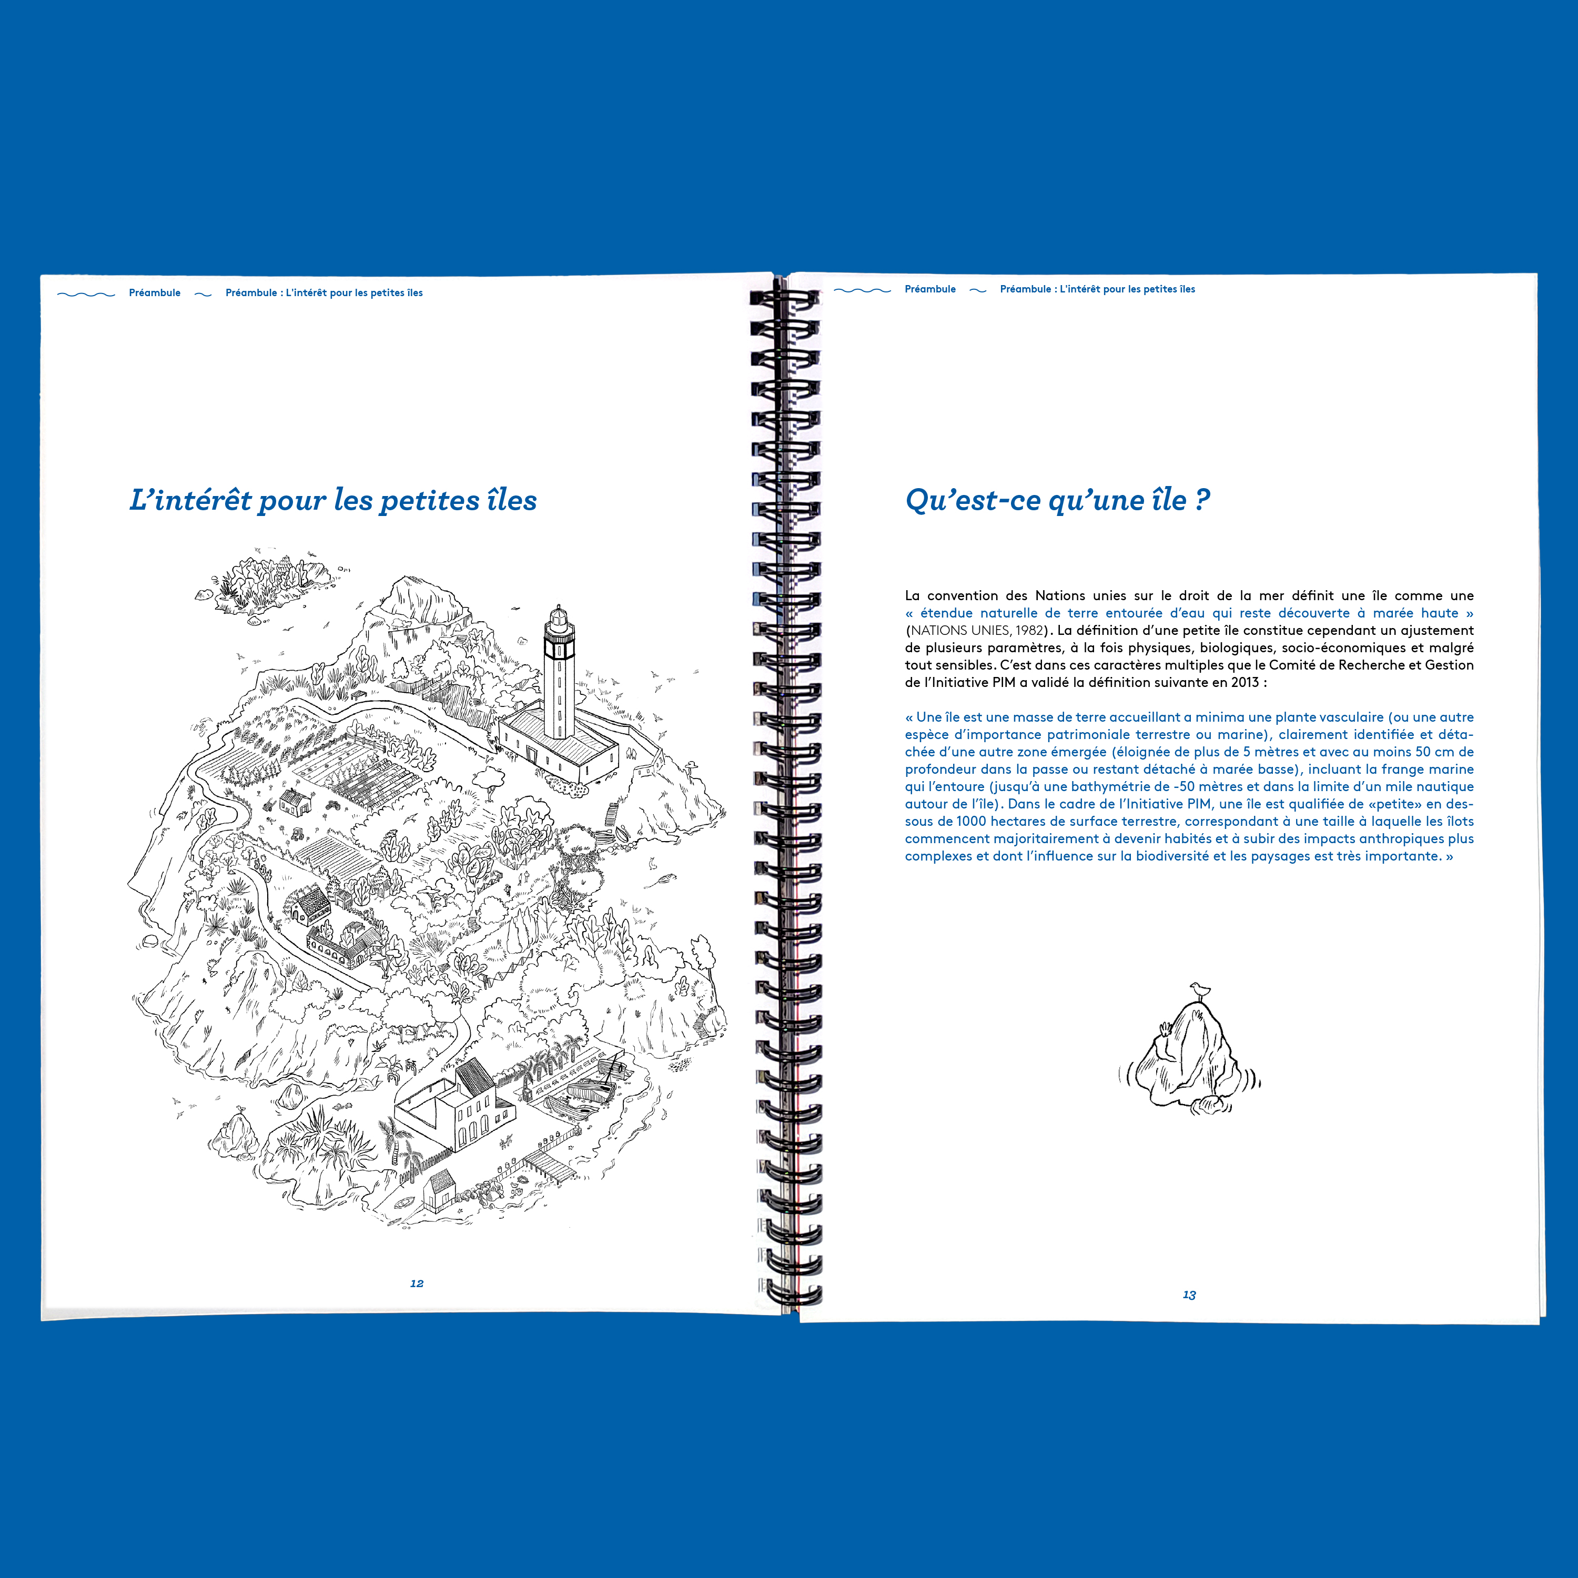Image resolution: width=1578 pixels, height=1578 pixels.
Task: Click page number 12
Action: click(417, 1283)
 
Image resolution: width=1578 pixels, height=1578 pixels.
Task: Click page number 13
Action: click(1189, 1294)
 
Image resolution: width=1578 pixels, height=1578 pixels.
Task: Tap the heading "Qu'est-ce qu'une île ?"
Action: click(1058, 500)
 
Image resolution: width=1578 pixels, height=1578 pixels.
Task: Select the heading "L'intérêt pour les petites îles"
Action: click(333, 500)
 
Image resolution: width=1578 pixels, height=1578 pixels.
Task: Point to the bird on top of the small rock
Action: click(1198, 990)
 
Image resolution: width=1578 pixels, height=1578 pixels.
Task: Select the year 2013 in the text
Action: click(1245, 682)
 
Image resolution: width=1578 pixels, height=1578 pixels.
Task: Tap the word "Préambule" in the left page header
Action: click(154, 292)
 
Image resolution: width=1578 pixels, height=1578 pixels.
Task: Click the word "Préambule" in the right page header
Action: click(930, 289)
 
